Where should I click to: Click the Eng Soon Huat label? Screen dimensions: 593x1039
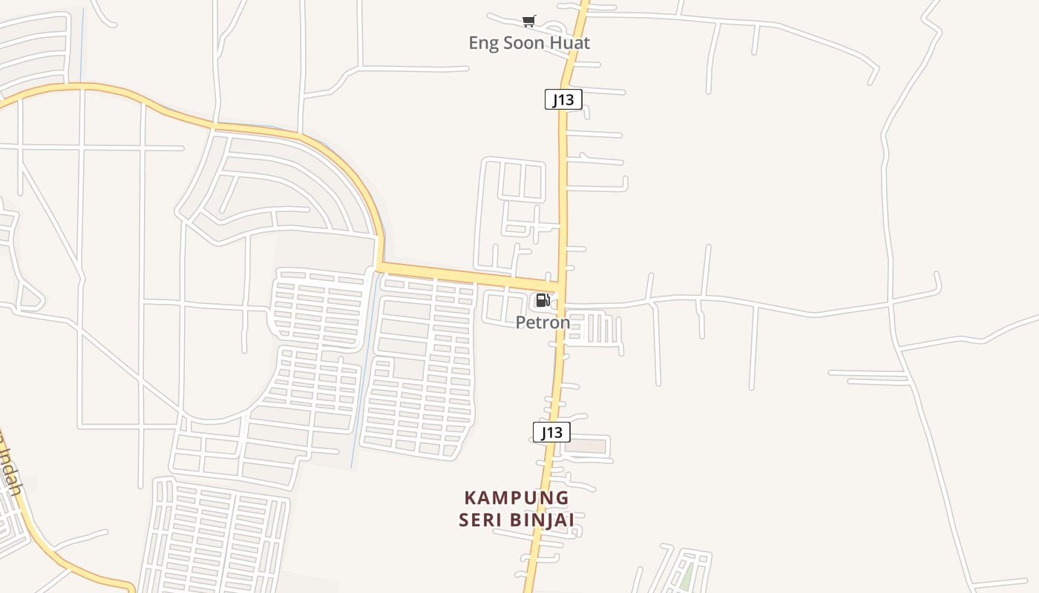(x=529, y=43)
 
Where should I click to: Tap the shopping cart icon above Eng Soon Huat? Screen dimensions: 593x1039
(x=529, y=21)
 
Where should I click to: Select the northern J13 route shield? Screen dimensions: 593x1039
(x=563, y=99)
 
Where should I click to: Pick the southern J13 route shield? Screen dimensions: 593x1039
(x=551, y=432)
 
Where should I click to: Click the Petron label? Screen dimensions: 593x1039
(x=543, y=322)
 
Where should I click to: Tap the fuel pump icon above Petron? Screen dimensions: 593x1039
(x=543, y=300)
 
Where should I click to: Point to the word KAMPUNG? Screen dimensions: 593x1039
(x=517, y=498)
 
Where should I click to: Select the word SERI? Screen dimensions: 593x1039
(x=480, y=520)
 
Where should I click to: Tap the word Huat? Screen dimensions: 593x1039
(x=571, y=43)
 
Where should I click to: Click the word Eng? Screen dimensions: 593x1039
(x=484, y=43)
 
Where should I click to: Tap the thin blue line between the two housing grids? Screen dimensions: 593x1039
(x=361, y=385)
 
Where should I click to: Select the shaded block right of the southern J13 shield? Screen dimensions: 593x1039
(x=590, y=447)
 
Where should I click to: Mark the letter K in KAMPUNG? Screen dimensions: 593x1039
(x=470, y=498)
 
